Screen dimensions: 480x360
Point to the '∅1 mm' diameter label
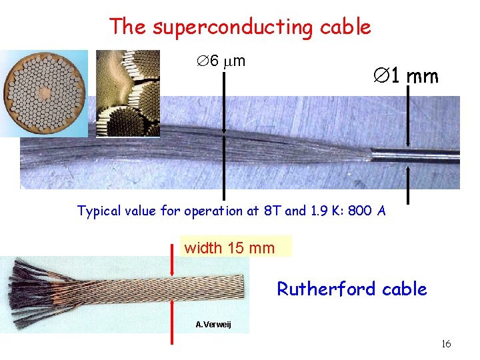click(405, 76)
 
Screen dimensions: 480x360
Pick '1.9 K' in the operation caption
click(325, 211)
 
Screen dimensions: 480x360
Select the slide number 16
click(446, 344)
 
